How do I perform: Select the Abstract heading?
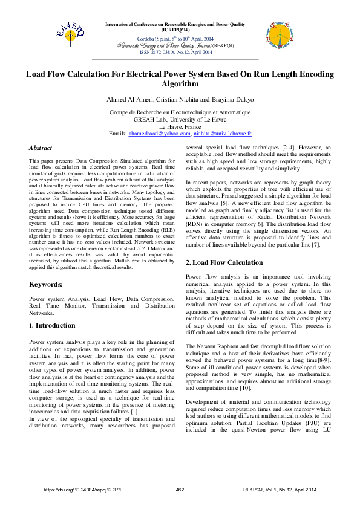(x=41, y=148)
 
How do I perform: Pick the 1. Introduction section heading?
(x=52, y=325)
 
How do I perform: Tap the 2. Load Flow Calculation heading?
(x=224, y=263)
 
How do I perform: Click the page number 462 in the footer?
(x=180, y=489)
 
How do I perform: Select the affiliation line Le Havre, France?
(x=179, y=126)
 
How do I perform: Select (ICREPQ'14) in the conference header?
(x=175, y=30)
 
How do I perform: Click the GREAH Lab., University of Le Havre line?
(x=179, y=120)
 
